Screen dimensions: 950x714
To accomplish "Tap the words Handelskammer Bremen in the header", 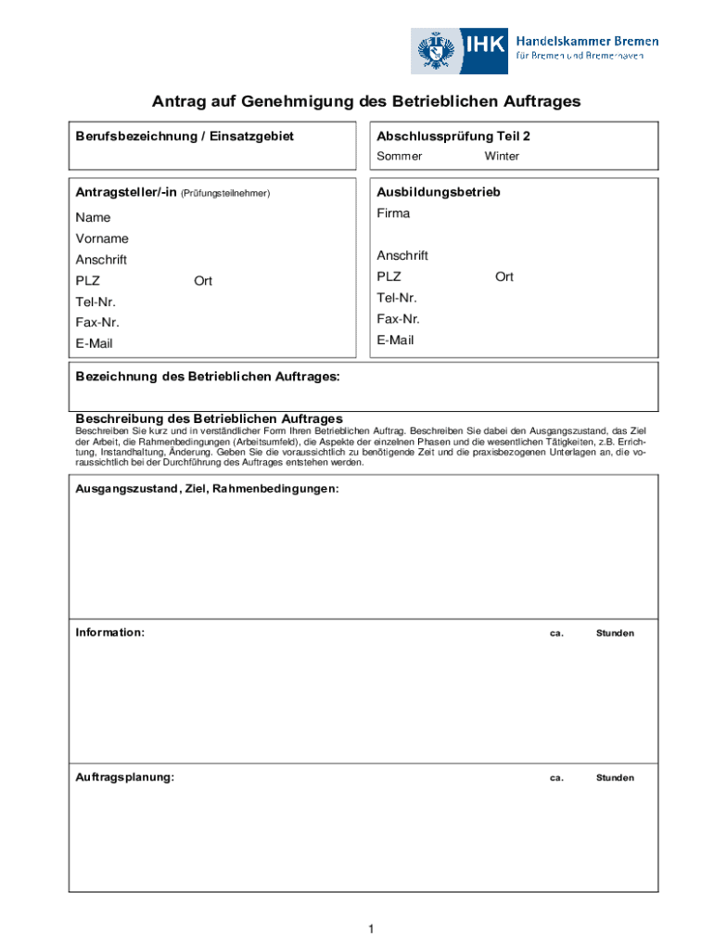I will pos(586,41).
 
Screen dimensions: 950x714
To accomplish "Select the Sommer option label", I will pos(399,157).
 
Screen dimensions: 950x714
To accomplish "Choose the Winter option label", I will pos(502,157).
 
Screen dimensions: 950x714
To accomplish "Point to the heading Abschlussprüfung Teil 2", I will pos(453,136).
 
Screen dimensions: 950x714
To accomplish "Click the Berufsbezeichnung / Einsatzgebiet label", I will pos(185,136).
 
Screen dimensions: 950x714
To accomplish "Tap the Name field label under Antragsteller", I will pos(93,218).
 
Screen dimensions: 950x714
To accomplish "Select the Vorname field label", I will pos(102,239).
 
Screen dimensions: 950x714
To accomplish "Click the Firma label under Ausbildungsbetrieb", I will pos(393,213).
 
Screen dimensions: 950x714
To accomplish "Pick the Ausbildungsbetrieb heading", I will pos(439,193).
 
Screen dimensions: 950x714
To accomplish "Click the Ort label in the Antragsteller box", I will pos(203,281).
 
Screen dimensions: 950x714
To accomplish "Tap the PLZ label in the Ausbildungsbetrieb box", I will pos(389,277).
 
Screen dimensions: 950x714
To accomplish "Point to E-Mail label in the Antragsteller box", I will pos(95,344).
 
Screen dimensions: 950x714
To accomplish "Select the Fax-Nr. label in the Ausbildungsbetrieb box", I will pos(399,319).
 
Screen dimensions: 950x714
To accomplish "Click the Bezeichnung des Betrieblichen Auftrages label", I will pos(208,378).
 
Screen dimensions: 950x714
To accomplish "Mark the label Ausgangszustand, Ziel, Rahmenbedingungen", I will pos(207,488).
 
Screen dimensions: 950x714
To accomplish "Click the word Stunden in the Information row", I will pos(615,634).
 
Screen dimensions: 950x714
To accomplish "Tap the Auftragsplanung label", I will pos(124,777).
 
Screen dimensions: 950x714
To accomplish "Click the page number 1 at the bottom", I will pos(370,930).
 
